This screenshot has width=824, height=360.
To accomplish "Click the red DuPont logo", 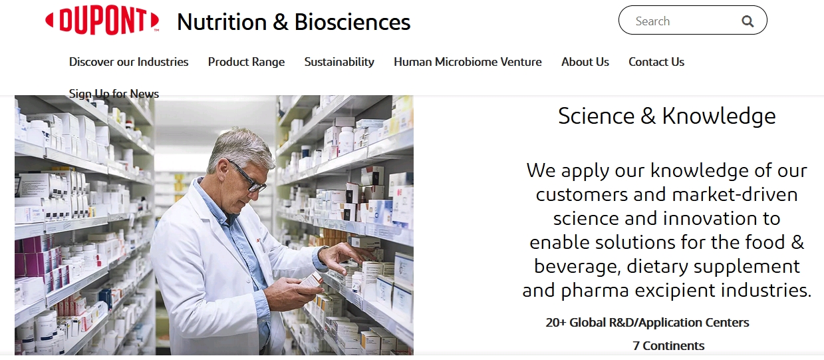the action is [x=102, y=21].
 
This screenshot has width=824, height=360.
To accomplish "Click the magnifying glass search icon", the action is [x=748, y=21].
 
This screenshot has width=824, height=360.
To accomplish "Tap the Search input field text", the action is [x=652, y=21].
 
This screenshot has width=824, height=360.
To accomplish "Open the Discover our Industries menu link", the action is [x=128, y=62].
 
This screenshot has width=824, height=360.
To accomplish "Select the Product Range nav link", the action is [x=246, y=62].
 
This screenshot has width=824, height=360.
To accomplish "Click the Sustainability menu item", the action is [x=339, y=62].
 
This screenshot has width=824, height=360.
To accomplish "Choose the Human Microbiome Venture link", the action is [x=468, y=62].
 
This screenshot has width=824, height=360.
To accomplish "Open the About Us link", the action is [x=585, y=62].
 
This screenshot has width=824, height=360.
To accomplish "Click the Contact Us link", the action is [x=656, y=62].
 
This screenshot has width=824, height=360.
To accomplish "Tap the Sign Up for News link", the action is [x=114, y=94].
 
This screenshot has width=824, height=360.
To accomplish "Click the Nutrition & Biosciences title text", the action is [x=293, y=22].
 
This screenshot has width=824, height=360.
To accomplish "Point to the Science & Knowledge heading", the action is [x=666, y=116].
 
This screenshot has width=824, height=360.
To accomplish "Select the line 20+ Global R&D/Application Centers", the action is [x=647, y=323].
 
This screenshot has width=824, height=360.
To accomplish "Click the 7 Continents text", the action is [x=668, y=346].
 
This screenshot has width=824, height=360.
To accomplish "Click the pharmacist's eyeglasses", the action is [x=247, y=178].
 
